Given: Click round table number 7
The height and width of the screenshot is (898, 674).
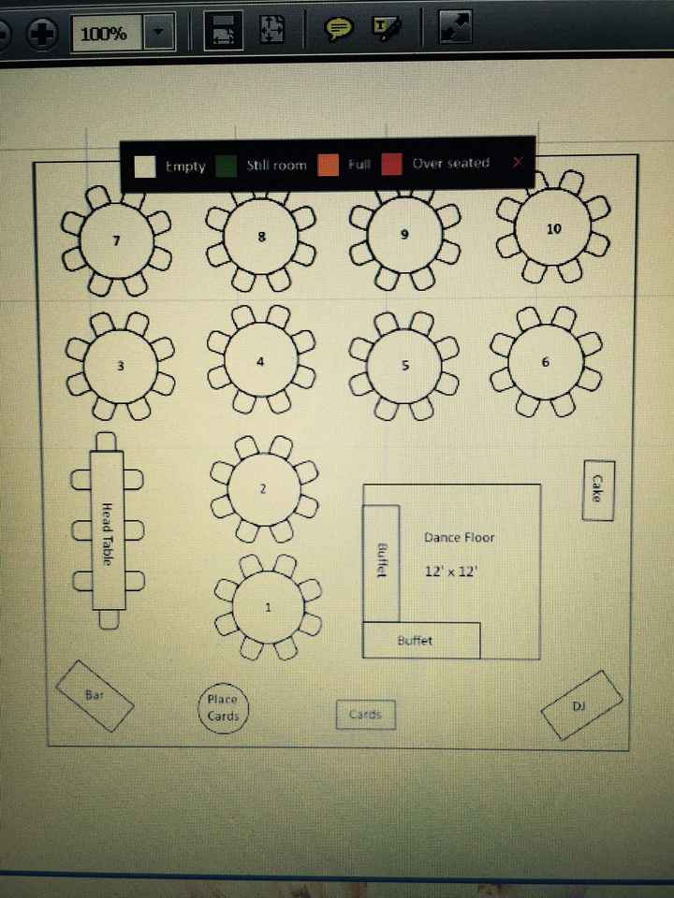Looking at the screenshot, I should [x=116, y=241].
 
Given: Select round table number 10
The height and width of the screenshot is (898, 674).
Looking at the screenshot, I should [x=553, y=229].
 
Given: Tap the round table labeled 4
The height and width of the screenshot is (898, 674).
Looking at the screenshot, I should [x=260, y=362].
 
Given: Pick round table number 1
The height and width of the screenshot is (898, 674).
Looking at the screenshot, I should [x=268, y=607].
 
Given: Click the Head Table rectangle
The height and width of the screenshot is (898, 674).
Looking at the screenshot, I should [x=108, y=532].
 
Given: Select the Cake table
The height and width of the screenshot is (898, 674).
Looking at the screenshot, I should [x=597, y=489].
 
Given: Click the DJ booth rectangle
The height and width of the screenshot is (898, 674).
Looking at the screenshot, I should [x=581, y=705].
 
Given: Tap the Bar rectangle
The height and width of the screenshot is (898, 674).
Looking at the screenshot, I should [x=95, y=696].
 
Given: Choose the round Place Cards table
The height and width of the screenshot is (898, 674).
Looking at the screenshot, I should [x=223, y=708].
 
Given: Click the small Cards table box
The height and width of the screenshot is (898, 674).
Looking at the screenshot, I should [x=365, y=715].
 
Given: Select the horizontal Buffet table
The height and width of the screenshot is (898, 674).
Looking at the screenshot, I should [x=421, y=641].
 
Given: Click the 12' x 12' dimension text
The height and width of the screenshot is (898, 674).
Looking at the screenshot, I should [x=451, y=571].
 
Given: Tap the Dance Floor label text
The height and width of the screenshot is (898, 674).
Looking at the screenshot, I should [x=459, y=538].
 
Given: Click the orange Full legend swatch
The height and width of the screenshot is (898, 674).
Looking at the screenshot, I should [x=330, y=166].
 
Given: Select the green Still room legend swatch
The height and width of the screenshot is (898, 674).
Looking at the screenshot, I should [x=226, y=166].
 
